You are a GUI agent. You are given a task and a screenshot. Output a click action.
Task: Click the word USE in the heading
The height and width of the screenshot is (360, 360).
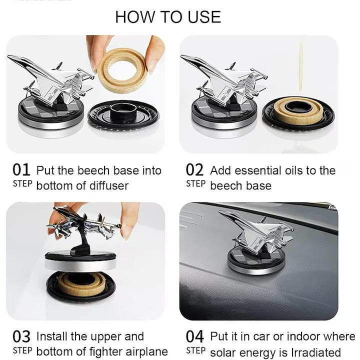pyautogui.click(x=204, y=17)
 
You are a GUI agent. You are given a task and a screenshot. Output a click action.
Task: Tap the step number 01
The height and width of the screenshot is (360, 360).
pyautogui.click(x=21, y=169)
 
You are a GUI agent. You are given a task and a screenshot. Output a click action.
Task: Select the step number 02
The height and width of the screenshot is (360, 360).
pyautogui.click(x=194, y=169)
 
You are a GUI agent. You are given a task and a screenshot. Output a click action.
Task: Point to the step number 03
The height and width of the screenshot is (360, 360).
pyautogui.click(x=21, y=336)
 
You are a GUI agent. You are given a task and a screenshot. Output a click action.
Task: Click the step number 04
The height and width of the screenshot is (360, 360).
pyautogui.click(x=194, y=336)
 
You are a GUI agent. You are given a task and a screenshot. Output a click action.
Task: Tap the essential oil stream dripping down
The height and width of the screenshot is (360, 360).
pyautogui.click(x=300, y=66)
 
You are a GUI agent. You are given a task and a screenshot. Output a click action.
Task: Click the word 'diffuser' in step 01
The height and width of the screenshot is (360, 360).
pyautogui.click(x=109, y=185)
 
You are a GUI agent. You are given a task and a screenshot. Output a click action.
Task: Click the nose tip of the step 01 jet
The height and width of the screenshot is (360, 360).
pyautogui.click(x=8, y=56)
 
